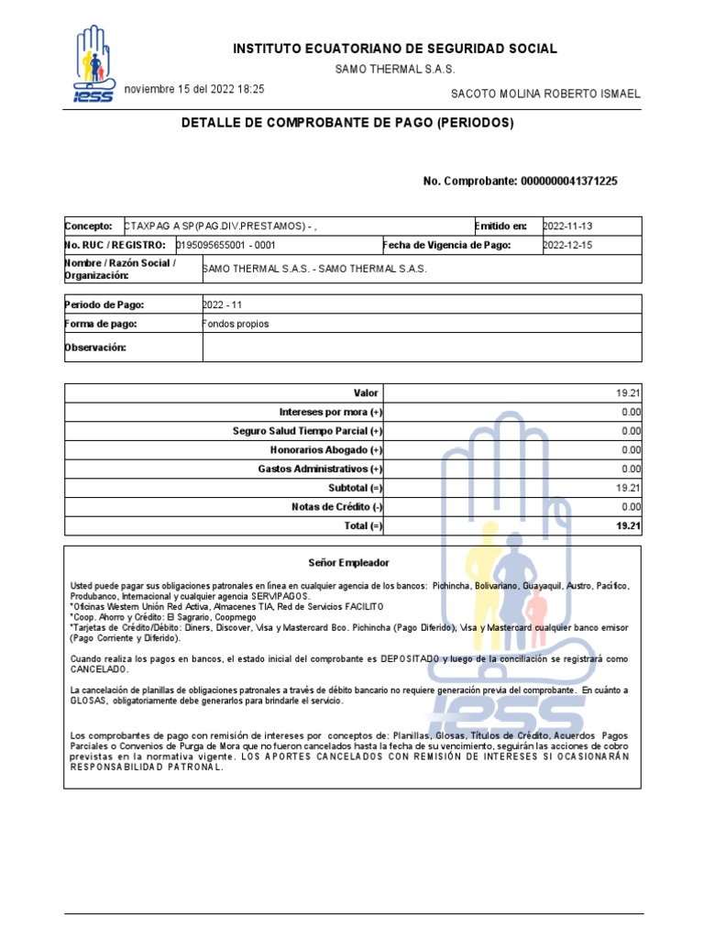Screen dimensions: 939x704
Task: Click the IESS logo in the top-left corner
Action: tap(93, 65)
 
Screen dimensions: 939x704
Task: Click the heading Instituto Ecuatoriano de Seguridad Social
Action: tap(394, 49)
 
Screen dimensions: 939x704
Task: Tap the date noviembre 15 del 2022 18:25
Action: tap(194, 90)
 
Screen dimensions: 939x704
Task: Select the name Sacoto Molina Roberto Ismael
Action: tap(546, 94)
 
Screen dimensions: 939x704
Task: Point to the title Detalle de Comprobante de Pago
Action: tap(347, 123)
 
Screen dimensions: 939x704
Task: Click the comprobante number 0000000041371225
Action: tap(568, 182)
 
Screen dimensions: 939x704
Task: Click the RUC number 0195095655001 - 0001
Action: tap(225, 246)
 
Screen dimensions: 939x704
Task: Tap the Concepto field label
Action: tap(88, 226)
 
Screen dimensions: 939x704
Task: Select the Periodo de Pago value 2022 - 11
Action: tap(223, 304)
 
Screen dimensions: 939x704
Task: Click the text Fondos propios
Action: tap(236, 324)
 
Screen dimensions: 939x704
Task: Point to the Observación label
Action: tap(95, 348)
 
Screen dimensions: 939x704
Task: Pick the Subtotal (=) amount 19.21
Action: tap(628, 488)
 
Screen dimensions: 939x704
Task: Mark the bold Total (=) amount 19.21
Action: tap(628, 526)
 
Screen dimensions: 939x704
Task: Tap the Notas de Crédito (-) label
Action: tap(336, 507)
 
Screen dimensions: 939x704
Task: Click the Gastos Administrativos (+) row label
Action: tap(320, 469)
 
